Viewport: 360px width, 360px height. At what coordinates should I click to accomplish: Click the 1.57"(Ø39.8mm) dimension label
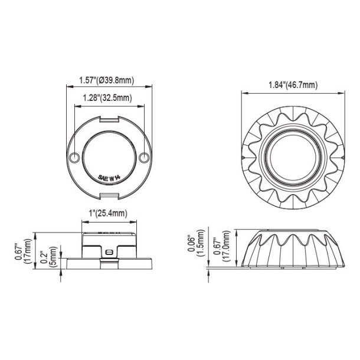pyautogui.click(x=109, y=80)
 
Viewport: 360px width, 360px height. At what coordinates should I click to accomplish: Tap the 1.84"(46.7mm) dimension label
pyautogui.click(x=293, y=85)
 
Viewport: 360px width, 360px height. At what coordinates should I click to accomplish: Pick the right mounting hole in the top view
pyautogui.click(x=145, y=158)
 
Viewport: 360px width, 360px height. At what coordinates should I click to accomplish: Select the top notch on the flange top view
pyautogui.click(x=109, y=120)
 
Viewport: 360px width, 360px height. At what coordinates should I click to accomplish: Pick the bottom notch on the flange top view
pyautogui.click(x=109, y=194)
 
